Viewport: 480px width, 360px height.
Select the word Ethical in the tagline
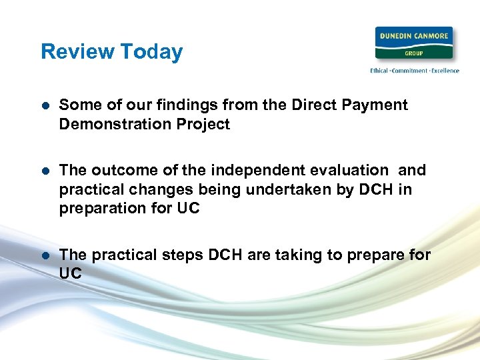pyautogui.click(x=380, y=71)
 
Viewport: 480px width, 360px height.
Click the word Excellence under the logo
pyautogui.click(x=443, y=71)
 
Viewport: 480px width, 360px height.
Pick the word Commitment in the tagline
pyautogui.click(x=409, y=71)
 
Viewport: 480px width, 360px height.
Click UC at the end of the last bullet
pyautogui.click(x=70, y=273)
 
